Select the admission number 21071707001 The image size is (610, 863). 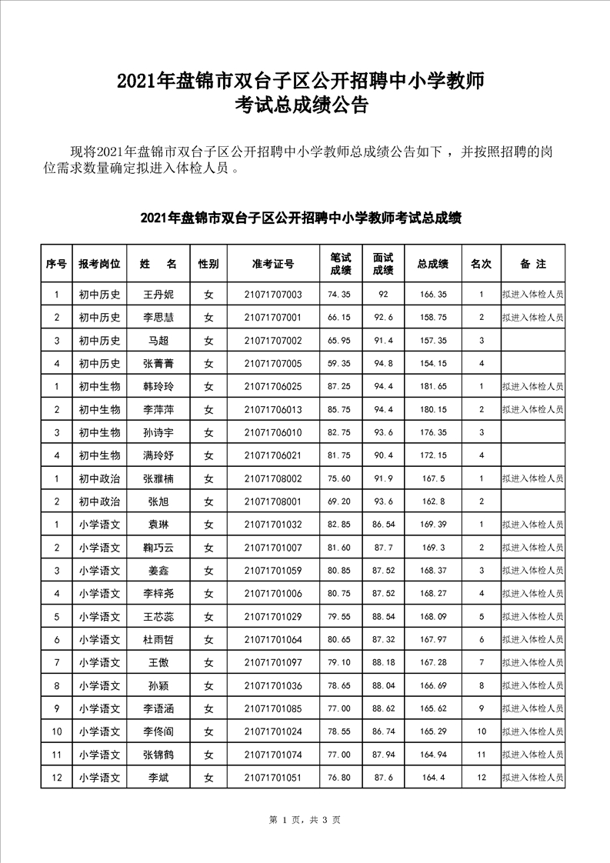point(272,317)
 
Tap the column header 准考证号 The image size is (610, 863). point(272,264)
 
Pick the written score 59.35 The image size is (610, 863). point(339,363)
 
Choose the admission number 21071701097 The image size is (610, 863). point(272,663)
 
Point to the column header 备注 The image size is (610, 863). point(532,264)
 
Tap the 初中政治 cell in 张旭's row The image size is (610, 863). point(99,501)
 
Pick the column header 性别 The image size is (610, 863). point(208,264)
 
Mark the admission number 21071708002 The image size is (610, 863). point(272,478)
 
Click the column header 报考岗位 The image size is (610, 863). point(99,264)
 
